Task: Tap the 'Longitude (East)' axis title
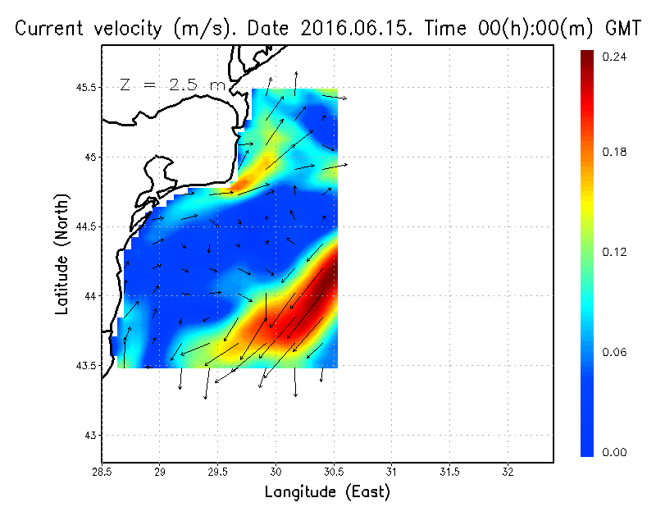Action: click(327, 492)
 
